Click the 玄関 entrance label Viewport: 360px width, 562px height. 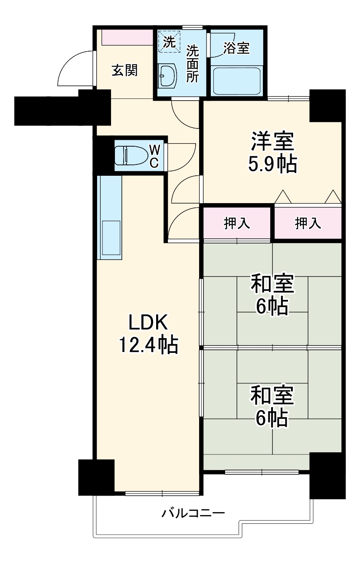[125, 70]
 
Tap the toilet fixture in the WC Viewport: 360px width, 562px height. [130, 155]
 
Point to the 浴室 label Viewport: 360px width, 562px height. [236, 48]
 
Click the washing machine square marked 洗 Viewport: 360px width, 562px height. [169, 41]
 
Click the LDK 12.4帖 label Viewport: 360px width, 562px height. [147, 333]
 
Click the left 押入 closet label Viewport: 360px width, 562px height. [237, 223]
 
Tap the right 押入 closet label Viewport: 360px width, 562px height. [308, 223]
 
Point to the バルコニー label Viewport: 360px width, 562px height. [193, 514]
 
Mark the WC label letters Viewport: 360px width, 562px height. [154, 156]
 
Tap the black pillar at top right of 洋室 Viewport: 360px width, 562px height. [327, 105]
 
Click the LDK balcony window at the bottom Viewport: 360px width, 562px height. [162, 493]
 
